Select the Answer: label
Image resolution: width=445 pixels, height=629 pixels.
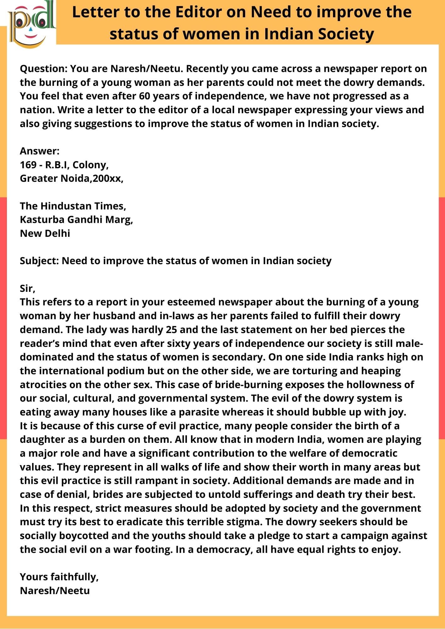point(40,151)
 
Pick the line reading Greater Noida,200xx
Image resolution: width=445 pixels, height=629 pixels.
point(71,178)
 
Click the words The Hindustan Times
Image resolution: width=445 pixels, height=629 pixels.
point(73,206)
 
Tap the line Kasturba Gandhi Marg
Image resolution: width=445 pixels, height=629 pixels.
point(76,220)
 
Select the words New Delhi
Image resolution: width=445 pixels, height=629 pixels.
point(45,233)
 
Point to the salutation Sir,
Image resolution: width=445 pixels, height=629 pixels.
point(28,288)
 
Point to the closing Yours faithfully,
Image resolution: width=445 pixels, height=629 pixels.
point(59,577)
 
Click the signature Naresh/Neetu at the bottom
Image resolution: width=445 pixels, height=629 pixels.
point(55,591)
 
